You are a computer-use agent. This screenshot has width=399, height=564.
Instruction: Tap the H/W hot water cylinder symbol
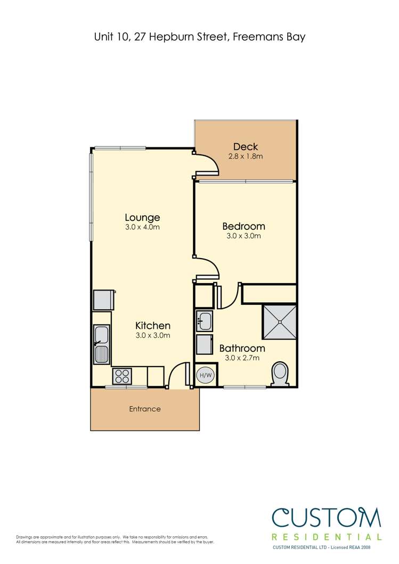coord(205,375)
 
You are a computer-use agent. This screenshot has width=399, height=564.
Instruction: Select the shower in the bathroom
coord(279,322)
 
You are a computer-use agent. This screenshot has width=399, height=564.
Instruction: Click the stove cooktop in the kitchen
coord(122,376)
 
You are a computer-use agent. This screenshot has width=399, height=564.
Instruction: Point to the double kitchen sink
coord(101,345)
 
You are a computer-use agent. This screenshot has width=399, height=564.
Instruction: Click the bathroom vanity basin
coord(205,321)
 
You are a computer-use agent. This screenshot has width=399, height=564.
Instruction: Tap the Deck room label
coord(245,147)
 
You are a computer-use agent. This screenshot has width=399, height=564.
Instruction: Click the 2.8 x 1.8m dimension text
coord(246,156)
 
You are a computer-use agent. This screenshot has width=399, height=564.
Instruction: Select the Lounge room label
coord(142,217)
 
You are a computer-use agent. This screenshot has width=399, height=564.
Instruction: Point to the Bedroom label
coord(243,226)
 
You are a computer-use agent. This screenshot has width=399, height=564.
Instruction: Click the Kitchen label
coord(152,326)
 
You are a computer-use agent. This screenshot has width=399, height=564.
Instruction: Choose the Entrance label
coord(145,409)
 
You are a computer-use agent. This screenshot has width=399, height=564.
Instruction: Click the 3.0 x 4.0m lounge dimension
coord(142,227)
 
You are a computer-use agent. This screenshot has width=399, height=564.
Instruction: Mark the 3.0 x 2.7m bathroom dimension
coord(239,358)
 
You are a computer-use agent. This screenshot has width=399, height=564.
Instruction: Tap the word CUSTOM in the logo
coord(327,518)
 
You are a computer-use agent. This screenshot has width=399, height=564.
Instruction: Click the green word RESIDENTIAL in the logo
coord(327,537)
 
